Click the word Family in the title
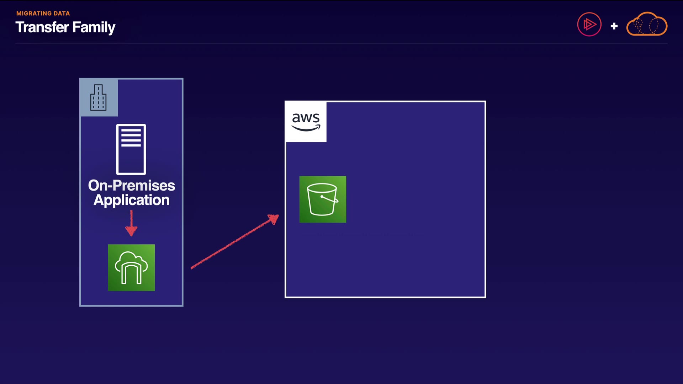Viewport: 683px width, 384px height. point(94,28)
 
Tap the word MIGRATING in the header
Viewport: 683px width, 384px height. point(34,14)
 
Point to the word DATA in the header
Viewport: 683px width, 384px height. point(62,14)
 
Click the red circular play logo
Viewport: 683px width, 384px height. point(589,25)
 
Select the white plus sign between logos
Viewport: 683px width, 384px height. point(614,26)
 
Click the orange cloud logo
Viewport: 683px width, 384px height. point(647,24)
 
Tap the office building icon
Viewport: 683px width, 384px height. point(99,97)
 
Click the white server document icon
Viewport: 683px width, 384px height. point(131,149)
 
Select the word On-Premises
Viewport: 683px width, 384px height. point(132,185)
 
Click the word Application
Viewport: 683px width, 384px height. point(132,200)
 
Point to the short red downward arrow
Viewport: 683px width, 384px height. point(131,223)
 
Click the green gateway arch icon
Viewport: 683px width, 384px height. point(131,268)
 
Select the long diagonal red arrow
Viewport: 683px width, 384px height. point(235,241)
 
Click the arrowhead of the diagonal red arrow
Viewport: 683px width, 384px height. point(274,219)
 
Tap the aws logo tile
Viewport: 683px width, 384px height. point(306,122)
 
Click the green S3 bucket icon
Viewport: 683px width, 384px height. point(323,199)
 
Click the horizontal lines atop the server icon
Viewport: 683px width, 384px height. point(131,138)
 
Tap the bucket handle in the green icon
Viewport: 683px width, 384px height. point(330,199)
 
